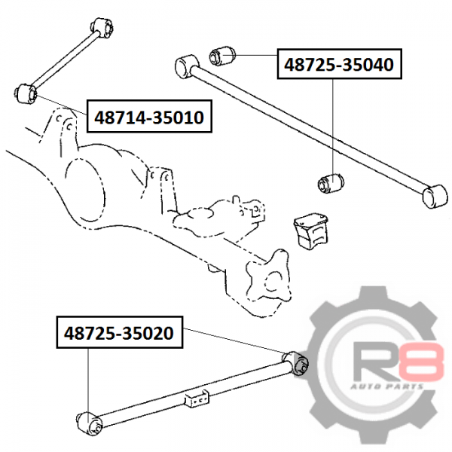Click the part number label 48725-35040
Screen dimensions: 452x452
pyautogui.click(x=339, y=64)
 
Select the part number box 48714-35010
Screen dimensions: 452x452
pyautogui.click(x=149, y=116)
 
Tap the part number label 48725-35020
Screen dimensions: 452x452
pyautogui.click(x=119, y=332)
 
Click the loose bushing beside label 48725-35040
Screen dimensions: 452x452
pyautogui.click(x=222, y=56)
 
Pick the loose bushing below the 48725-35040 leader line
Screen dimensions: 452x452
pyautogui.click(x=331, y=183)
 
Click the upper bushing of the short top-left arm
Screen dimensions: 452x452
pyautogui.click(x=102, y=28)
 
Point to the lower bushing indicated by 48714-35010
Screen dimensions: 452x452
pyautogui.click(x=26, y=93)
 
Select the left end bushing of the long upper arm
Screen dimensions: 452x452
pyautogui.click(x=187, y=66)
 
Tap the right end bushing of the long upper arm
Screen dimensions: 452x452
pyautogui.click(x=435, y=196)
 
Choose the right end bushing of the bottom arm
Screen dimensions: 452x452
pyautogui.click(x=296, y=364)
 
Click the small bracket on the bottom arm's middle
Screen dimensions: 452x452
pyautogui.click(x=197, y=398)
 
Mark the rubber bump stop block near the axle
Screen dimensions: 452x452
pyautogui.click(x=311, y=231)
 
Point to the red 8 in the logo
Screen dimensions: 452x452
pyautogui.click(x=421, y=362)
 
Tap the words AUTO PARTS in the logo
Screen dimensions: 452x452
pyautogui.click(x=387, y=386)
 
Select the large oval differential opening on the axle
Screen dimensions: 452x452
pyautogui.click(x=84, y=191)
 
